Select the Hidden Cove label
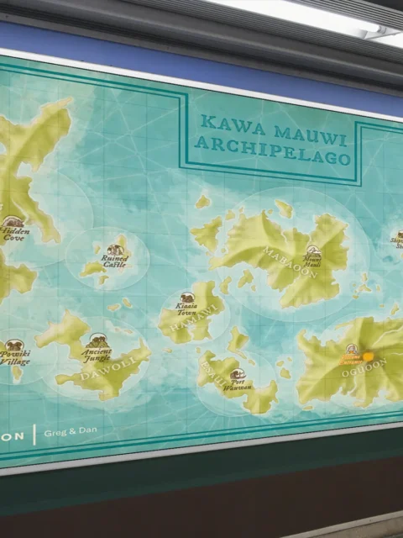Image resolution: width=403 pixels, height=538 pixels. (x=13, y=233)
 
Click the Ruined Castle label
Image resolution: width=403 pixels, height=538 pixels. (x=115, y=261)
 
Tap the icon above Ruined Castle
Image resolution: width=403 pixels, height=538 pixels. (x=114, y=250)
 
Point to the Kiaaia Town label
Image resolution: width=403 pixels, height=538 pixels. (x=186, y=310)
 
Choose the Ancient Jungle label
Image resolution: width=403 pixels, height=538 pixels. (x=98, y=352)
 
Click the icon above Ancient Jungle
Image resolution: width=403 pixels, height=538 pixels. (x=97, y=340)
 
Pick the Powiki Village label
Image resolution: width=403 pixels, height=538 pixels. (x=14, y=358)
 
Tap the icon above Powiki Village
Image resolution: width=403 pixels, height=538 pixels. (x=13, y=345)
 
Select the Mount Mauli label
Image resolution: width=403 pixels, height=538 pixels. (x=312, y=261)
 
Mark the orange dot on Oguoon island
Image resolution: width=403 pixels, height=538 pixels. (x=368, y=356)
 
